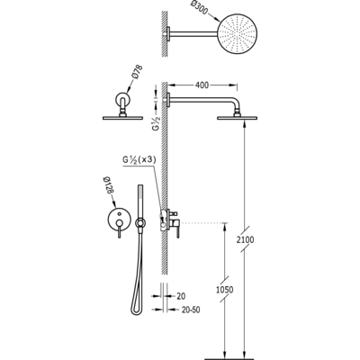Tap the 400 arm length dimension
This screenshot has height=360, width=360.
[x=202, y=85]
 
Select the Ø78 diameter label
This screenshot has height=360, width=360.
[x=136, y=72]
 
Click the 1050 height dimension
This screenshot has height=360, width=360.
[x=225, y=290]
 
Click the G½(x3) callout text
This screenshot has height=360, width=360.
[x=139, y=160]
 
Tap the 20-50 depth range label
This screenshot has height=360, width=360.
[x=191, y=310]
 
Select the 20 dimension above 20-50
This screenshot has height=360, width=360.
[x=181, y=296]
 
